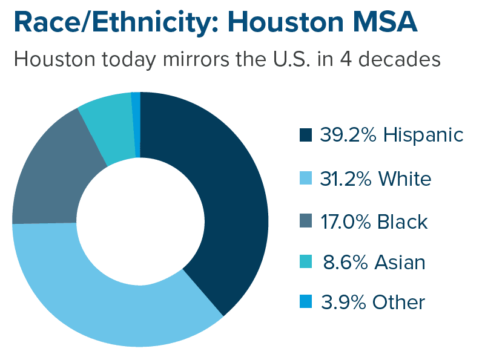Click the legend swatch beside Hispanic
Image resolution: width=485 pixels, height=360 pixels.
point(306,135)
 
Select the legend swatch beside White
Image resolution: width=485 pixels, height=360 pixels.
point(306,178)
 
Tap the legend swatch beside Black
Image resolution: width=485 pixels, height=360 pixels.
point(306,221)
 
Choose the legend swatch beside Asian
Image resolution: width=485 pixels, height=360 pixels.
point(306,263)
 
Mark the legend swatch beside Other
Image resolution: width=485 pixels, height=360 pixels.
point(306,301)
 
